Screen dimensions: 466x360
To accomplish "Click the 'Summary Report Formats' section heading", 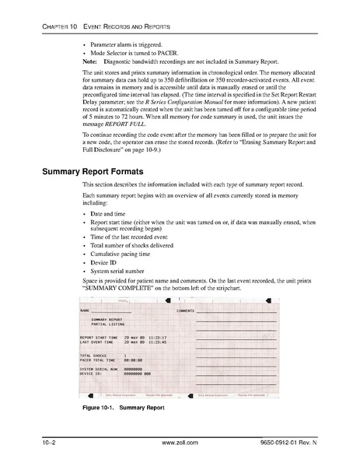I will click(93, 169).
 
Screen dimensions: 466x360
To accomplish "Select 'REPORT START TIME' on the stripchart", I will click(99, 337).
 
